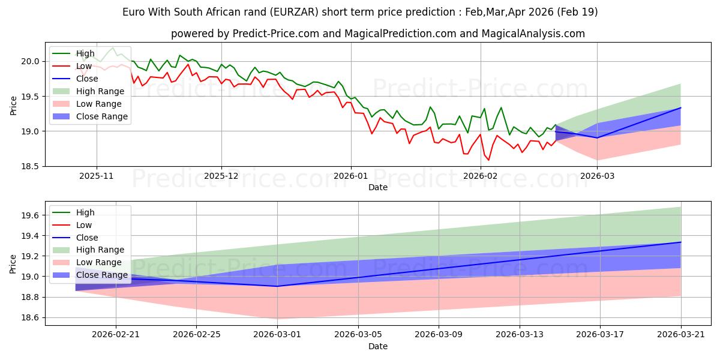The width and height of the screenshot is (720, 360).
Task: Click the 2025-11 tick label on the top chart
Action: click(97, 176)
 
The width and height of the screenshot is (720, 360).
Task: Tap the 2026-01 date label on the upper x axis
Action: click(351, 176)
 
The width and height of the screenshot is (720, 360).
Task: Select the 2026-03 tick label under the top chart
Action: click(597, 176)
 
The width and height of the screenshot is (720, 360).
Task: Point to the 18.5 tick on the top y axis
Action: click(30, 167)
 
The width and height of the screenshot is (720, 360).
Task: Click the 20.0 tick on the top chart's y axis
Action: click(30, 61)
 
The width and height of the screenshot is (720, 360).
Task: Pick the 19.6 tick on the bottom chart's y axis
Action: click(30, 215)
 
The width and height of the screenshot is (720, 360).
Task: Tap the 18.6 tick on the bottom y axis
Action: click(30, 318)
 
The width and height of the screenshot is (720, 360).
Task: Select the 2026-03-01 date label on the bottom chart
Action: click(277, 335)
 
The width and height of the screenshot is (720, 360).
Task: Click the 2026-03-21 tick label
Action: click(681, 335)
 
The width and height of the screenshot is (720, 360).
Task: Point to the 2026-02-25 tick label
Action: click(196, 335)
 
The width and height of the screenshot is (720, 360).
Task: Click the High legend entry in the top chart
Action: click(85, 53)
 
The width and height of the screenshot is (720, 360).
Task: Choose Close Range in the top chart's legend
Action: click(102, 116)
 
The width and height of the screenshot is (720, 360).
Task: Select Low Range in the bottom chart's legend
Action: click(98, 262)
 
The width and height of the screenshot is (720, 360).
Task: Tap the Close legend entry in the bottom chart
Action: click(87, 238)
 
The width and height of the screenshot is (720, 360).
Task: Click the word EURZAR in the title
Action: click(294, 12)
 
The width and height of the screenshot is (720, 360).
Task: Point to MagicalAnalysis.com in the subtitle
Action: click(533, 34)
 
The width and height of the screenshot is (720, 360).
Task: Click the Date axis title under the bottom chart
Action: click(377, 346)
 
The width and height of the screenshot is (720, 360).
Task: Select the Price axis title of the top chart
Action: click(13, 106)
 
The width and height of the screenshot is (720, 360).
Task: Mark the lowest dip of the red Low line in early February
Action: click(488, 160)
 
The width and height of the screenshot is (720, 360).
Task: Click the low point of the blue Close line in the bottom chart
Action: click(277, 286)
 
